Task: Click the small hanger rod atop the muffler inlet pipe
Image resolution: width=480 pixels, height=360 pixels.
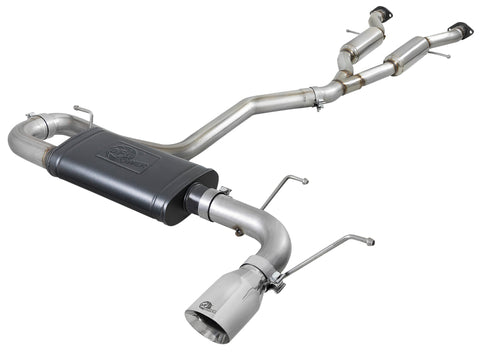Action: [x=84, y=112]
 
